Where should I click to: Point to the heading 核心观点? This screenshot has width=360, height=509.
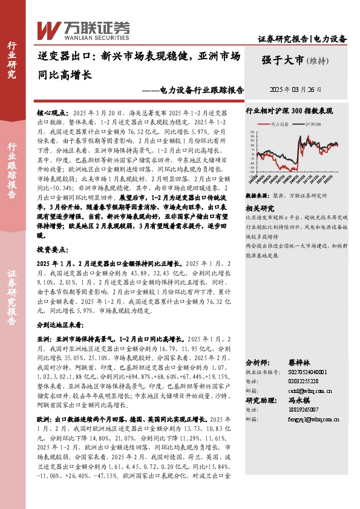pos(51,113)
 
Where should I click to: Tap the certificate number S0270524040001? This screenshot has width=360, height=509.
pos(295,373)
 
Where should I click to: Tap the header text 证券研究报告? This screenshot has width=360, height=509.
pos(283,39)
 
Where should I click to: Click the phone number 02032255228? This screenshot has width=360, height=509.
pos(289,382)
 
